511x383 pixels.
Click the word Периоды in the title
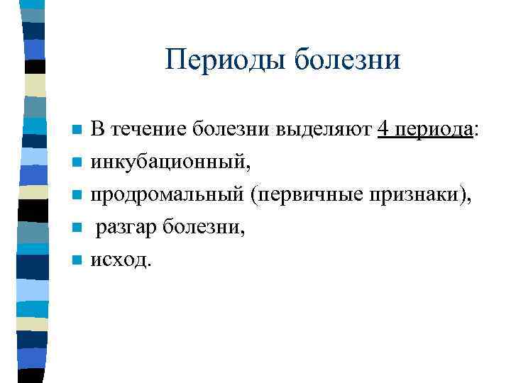(225, 60)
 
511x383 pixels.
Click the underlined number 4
(383, 130)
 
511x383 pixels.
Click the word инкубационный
(170, 162)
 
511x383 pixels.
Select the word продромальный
(167, 195)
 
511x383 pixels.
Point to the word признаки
(417, 195)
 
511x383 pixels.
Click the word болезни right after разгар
(194, 228)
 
